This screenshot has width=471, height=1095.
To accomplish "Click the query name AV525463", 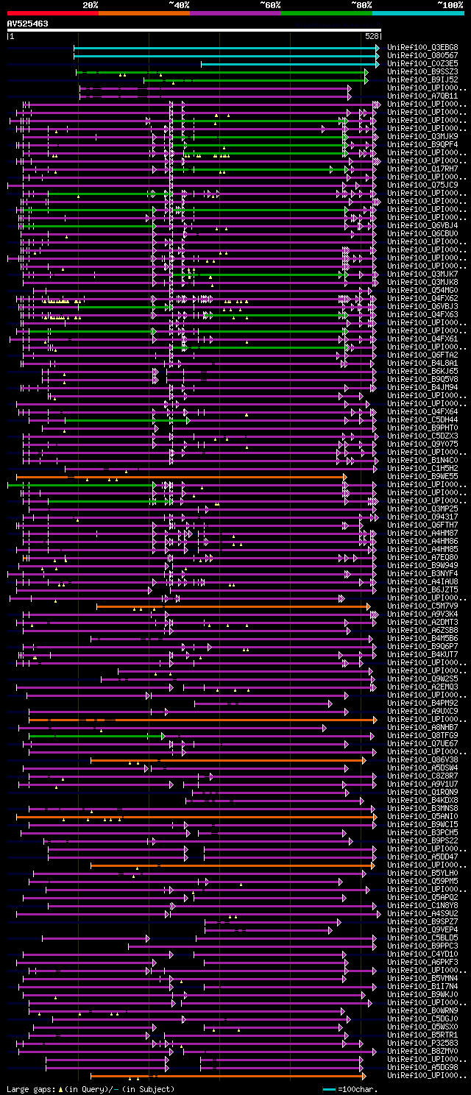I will point(28,24).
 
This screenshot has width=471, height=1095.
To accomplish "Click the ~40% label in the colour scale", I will point(179,4).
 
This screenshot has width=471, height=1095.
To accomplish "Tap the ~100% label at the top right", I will point(450,4).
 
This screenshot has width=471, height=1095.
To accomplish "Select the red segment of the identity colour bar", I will point(52,13).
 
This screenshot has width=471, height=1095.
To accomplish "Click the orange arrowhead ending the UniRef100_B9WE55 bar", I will point(344,477).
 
